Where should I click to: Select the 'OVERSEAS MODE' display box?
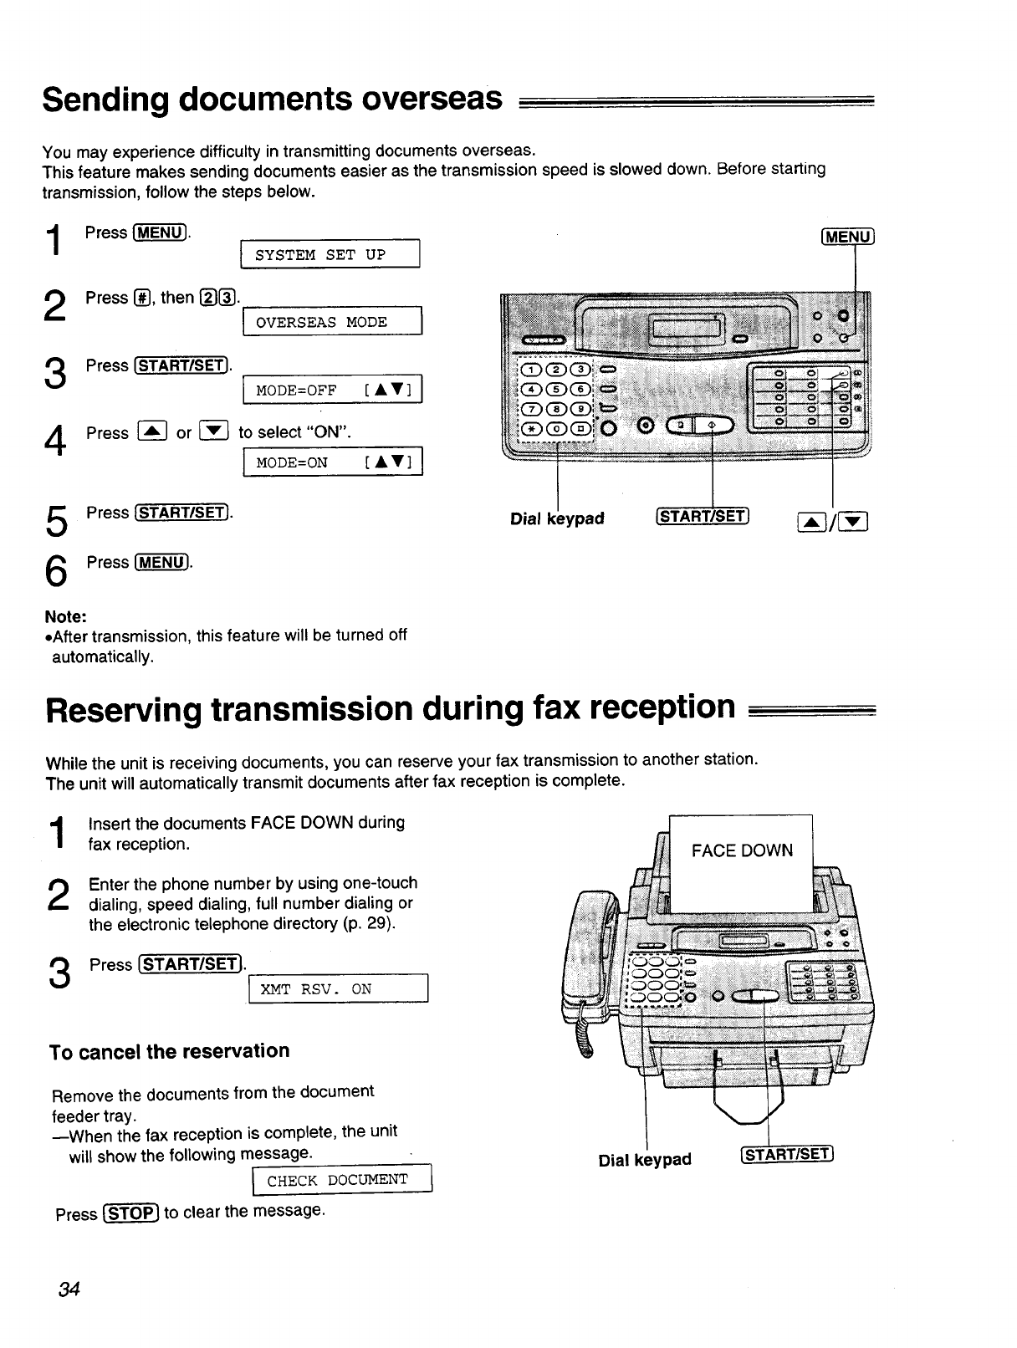point(331,322)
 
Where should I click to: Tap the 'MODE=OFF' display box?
point(332,391)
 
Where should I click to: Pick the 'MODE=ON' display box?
point(332,462)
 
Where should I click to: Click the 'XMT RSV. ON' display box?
point(338,989)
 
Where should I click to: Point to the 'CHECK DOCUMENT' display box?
point(340,1180)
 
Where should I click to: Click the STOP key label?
point(130,1213)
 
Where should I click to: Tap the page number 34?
point(69,1289)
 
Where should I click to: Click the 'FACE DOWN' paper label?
point(742,851)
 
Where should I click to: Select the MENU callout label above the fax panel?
point(848,237)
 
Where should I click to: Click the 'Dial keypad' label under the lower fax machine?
point(645,1160)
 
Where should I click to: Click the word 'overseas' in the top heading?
point(432,100)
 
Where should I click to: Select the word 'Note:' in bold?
point(66,616)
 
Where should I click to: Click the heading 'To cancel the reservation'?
point(170,1051)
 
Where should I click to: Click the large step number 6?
point(54,571)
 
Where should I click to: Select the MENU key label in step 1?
point(160,232)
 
